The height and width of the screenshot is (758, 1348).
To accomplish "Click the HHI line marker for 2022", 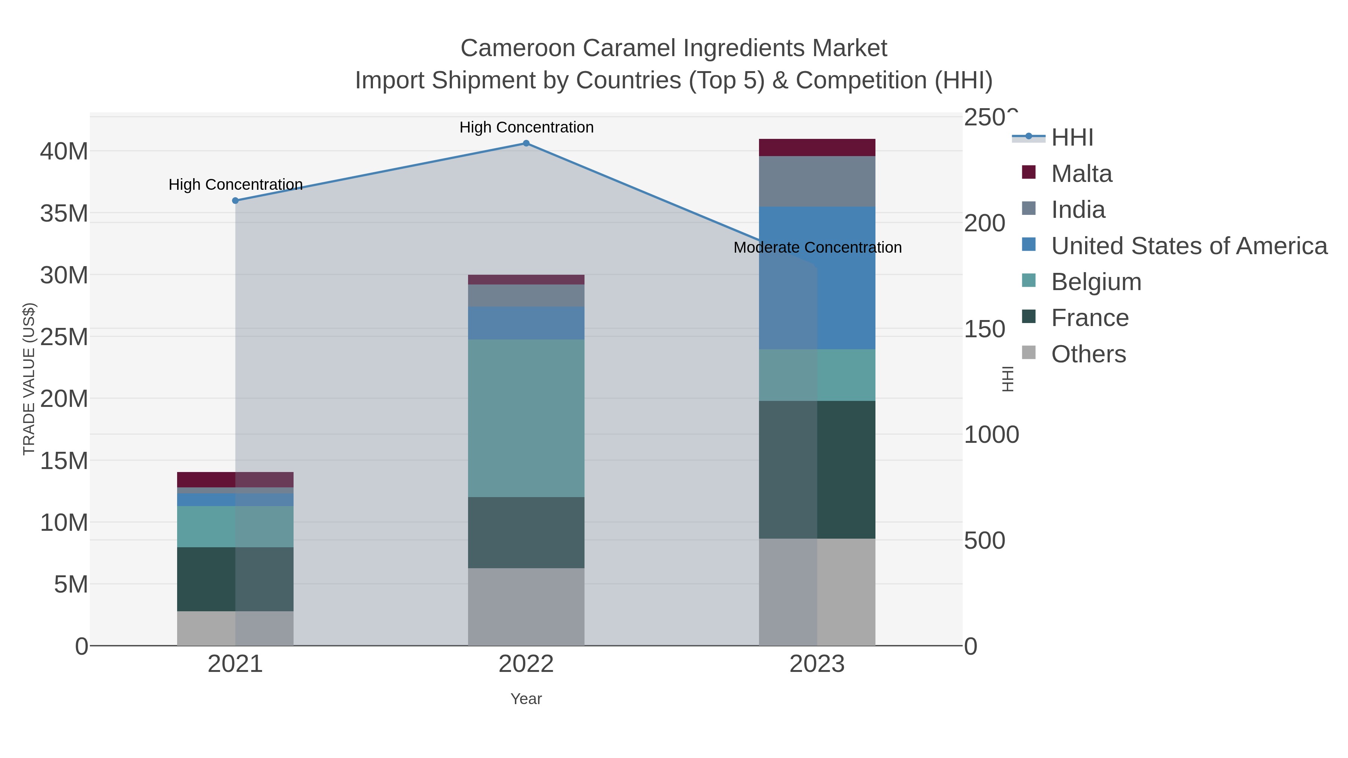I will [x=526, y=143].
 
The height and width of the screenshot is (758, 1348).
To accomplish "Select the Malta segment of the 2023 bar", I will [x=817, y=147].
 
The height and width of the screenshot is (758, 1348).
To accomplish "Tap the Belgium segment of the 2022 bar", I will [x=526, y=418].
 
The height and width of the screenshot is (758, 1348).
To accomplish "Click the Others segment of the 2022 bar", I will [x=526, y=607].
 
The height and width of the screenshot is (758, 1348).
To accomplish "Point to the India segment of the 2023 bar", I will [x=817, y=182].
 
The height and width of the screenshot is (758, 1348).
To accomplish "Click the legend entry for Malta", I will [x=1081, y=174].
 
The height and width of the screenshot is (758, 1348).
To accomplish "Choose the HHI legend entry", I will [x=1072, y=138].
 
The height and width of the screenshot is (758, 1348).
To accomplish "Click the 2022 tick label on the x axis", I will [x=526, y=664].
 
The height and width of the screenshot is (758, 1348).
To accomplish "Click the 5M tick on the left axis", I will [x=71, y=584].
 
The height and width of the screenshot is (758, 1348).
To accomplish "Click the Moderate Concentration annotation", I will [x=817, y=247].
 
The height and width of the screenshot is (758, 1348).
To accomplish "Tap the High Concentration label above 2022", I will [x=526, y=127].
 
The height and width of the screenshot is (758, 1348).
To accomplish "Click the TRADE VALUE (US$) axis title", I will [x=29, y=379].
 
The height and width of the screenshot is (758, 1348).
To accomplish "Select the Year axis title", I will [x=526, y=699].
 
